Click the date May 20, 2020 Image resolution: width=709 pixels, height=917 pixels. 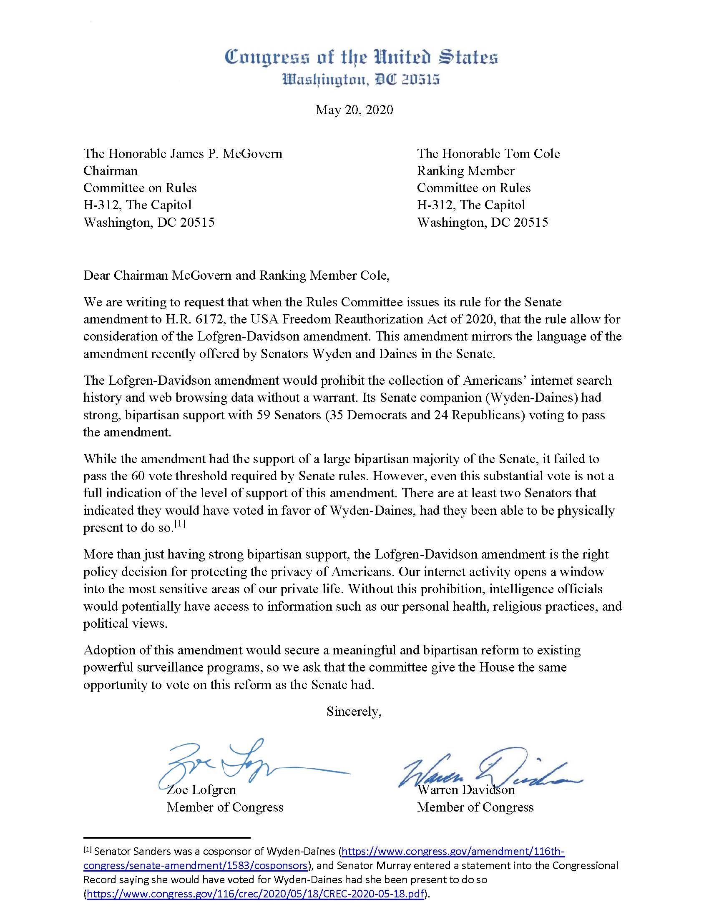[x=354, y=110]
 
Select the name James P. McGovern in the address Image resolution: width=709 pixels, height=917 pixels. [x=227, y=154]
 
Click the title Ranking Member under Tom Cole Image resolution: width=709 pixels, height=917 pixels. [x=465, y=171]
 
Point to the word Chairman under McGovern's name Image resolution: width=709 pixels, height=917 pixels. [x=111, y=171]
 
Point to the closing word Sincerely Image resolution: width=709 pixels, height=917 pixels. [x=354, y=711]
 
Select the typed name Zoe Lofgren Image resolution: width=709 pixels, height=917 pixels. [x=201, y=790]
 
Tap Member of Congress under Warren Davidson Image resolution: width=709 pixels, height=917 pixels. [x=475, y=807]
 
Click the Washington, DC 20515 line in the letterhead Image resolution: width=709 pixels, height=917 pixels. [x=361, y=79]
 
